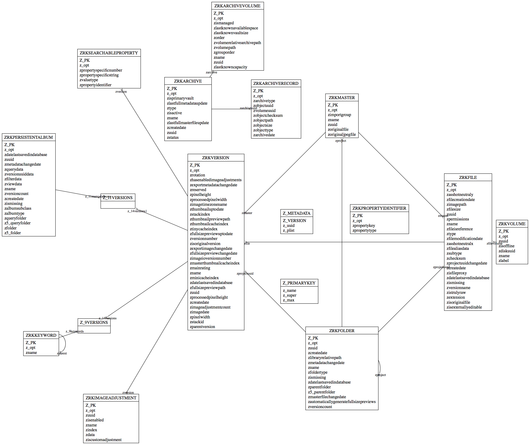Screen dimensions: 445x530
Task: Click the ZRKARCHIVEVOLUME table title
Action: click(x=237, y=6)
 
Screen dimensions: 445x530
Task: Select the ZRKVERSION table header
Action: click(x=216, y=158)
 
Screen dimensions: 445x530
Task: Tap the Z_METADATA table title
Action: click(x=296, y=213)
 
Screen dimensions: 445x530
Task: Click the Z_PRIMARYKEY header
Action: click(x=299, y=283)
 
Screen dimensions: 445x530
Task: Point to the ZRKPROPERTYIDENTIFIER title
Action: click(x=379, y=208)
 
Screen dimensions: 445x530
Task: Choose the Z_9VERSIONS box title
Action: click(x=94, y=323)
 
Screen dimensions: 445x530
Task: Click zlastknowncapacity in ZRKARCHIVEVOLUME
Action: click(x=230, y=67)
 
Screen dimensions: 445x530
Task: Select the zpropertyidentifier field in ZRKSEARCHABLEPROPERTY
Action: click(x=96, y=85)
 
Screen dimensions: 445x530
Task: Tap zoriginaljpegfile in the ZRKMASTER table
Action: click(x=341, y=134)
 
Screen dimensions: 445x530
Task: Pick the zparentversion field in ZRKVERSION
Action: click(x=202, y=327)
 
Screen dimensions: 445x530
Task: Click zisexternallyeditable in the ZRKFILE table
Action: click(x=464, y=307)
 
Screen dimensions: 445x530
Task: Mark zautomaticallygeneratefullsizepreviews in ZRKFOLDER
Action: click(x=341, y=402)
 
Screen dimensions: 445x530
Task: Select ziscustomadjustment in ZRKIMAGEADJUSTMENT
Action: click(x=104, y=440)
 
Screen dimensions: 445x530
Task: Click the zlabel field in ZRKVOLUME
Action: click(x=503, y=261)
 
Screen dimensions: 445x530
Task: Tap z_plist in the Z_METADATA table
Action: click(x=288, y=230)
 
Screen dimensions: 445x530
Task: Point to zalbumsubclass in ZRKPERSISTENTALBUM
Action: click(x=18, y=208)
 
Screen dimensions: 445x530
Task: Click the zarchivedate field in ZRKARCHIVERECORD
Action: click(x=264, y=135)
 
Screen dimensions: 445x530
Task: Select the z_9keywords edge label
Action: click(x=74, y=331)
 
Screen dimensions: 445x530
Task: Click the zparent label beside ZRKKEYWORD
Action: click(x=62, y=353)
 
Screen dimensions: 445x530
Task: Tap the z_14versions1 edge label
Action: click(x=137, y=211)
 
